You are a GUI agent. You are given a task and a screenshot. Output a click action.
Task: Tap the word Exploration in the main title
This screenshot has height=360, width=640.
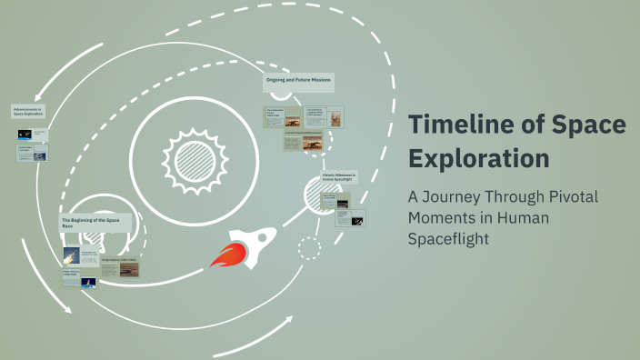point(478,157)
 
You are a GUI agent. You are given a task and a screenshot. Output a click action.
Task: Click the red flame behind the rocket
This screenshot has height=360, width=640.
point(224,255)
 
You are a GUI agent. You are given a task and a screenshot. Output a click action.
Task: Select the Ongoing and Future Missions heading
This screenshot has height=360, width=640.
point(298,81)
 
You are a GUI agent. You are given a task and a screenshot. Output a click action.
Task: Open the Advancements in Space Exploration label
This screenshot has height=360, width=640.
point(28,112)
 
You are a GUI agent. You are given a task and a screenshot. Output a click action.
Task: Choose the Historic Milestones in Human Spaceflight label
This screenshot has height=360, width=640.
point(339,176)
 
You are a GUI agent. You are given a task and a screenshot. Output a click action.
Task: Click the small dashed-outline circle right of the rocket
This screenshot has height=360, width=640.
point(309,247)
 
